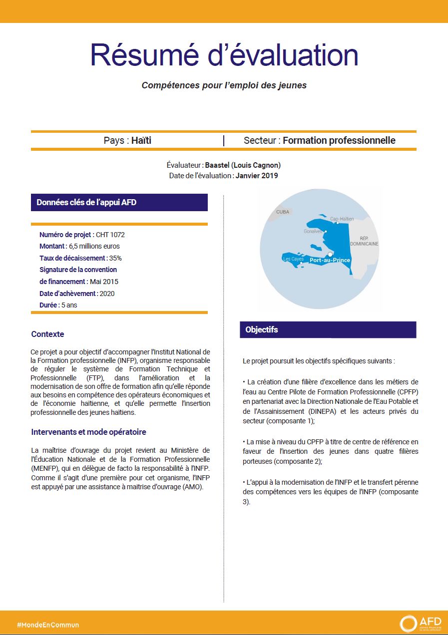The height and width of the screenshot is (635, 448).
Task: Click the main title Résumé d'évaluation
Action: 224,55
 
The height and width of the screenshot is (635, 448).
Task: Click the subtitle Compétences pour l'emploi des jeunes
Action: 224,85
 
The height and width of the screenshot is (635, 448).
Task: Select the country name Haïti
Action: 141,141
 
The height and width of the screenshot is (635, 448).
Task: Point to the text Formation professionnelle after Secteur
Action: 339,141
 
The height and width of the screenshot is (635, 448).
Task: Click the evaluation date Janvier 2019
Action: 257,176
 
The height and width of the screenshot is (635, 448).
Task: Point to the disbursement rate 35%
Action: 115,258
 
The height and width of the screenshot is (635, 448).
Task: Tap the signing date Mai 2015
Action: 104,282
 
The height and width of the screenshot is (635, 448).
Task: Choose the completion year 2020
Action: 107,294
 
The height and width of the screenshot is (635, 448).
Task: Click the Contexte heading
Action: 47,334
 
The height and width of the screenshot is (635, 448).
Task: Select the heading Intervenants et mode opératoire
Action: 88,432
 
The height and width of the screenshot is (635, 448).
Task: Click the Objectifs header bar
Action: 328,329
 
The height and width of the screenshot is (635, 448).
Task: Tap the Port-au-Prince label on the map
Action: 330,260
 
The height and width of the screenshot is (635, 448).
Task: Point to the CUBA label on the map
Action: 283,212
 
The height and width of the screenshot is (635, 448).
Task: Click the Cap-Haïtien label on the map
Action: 342,219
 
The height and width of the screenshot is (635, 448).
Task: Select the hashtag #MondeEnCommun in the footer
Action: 48,625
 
